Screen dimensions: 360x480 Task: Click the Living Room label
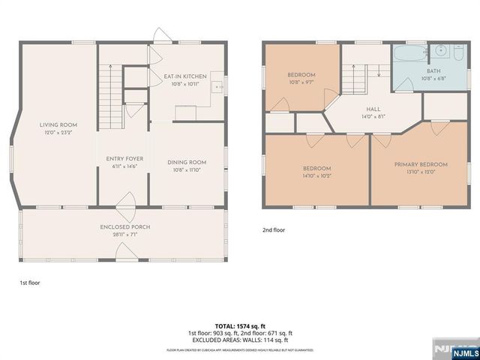(58, 125)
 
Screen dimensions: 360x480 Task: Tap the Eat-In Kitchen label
(185, 76)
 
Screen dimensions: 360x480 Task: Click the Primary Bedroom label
(421, 164)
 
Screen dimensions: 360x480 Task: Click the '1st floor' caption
(29, 283)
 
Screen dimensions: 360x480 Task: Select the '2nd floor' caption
(274, 231)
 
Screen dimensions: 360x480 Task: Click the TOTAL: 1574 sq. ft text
(239, 326)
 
